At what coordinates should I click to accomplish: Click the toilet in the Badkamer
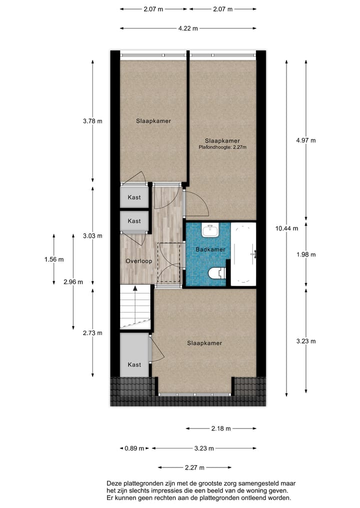tap(216, 273)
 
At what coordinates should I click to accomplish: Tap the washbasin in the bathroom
tap(210, 230)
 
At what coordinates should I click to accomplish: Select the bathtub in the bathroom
tap(243, 254)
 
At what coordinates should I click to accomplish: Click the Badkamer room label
tap(210, 249)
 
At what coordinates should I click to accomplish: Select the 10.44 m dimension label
tap(286, 228)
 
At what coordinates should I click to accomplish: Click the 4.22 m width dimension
tap(188, 28)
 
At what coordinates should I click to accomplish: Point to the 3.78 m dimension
tap(92, 121)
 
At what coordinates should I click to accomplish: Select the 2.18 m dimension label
tap(220, 428)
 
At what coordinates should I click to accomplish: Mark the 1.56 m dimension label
tap(54, 259)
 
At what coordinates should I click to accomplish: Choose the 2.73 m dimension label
tap(92, 333)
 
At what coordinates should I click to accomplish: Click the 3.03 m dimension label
tap(92, 236)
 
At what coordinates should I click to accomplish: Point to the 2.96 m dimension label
tap(73, 282)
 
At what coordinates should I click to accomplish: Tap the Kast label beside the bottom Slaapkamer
tap(134, 365)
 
